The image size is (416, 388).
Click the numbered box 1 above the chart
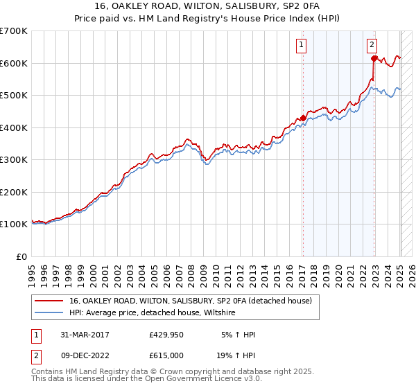[x=302, y=46]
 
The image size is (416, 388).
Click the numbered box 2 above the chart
[x=372, y=46]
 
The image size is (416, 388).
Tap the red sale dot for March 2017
[x=303, y=118]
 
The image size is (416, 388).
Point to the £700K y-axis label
[x=14, y=31]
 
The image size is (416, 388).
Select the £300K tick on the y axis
[x=14, y=160]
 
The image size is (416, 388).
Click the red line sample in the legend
[x=49, y=301]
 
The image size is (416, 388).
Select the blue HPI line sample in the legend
[x=49, y=313]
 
